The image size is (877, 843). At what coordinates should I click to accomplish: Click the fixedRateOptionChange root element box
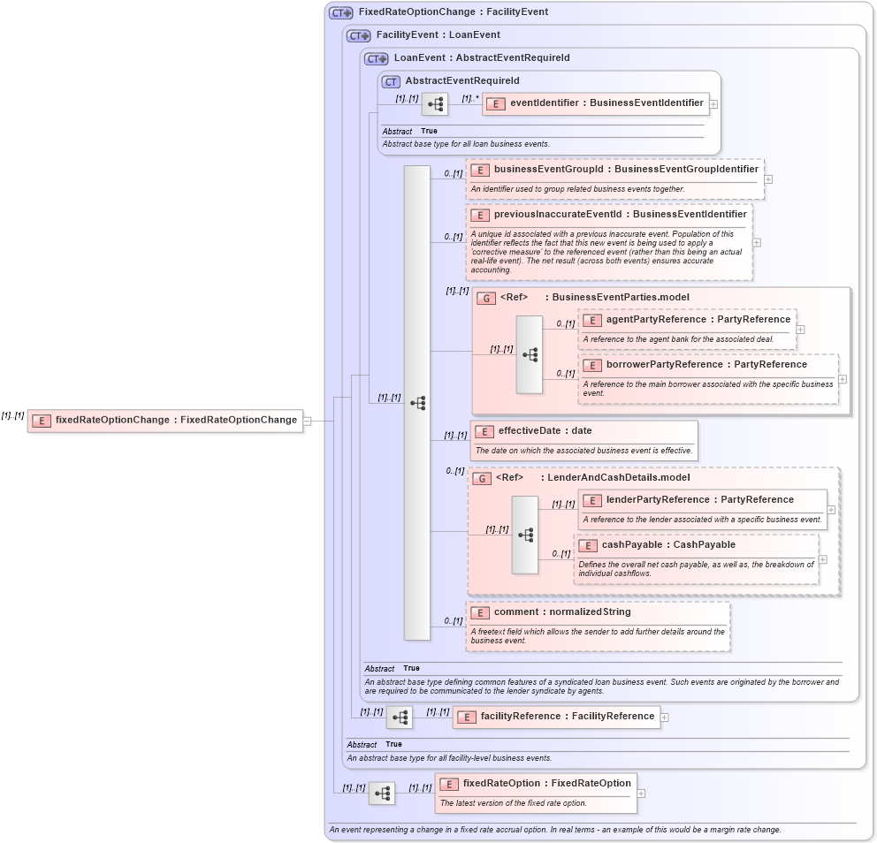pos(165,421)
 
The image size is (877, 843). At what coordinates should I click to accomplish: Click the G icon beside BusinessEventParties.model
pos(485,298)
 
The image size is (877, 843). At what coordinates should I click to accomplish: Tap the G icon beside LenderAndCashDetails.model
pos(482,478)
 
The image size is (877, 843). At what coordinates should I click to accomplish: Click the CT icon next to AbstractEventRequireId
pos(391,81)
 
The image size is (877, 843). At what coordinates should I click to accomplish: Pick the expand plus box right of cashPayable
pos(822,558)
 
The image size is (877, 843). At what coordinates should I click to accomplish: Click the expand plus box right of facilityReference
pos(665,717)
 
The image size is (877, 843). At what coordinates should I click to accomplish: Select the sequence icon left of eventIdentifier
pos(434,104)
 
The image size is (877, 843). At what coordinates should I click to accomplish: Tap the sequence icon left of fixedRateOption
pos(381,794)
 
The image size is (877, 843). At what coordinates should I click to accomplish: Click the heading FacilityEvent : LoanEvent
pos(438,35)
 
